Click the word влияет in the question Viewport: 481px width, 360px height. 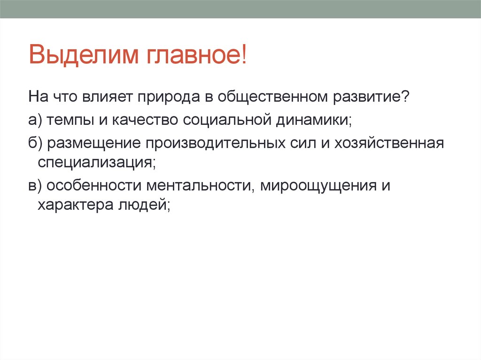109,98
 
